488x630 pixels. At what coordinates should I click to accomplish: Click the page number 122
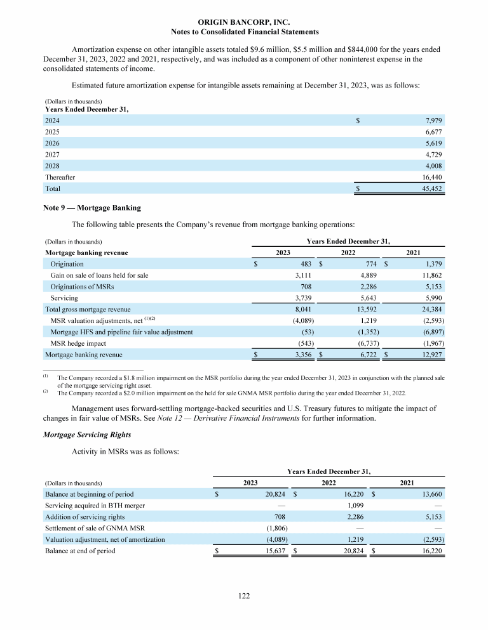[245, 596]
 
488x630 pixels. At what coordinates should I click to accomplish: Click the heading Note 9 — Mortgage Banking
[91, 207]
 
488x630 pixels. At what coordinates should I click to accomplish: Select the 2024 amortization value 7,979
[432, 120]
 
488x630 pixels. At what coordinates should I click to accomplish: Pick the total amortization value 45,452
[431, 188]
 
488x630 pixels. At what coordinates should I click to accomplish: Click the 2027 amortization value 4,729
[432, 154]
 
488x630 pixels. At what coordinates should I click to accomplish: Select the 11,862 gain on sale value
[430, 275]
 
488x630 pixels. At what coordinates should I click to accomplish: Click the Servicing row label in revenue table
[64, 298]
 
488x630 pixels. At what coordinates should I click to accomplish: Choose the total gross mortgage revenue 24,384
[430, 309]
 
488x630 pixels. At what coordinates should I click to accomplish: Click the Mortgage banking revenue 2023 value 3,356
[302, 355]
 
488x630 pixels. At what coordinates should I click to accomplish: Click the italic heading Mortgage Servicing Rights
[87, 434]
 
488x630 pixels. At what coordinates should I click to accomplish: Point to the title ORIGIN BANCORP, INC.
[245, 22]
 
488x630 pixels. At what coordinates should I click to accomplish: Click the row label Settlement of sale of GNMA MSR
[91, 528]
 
